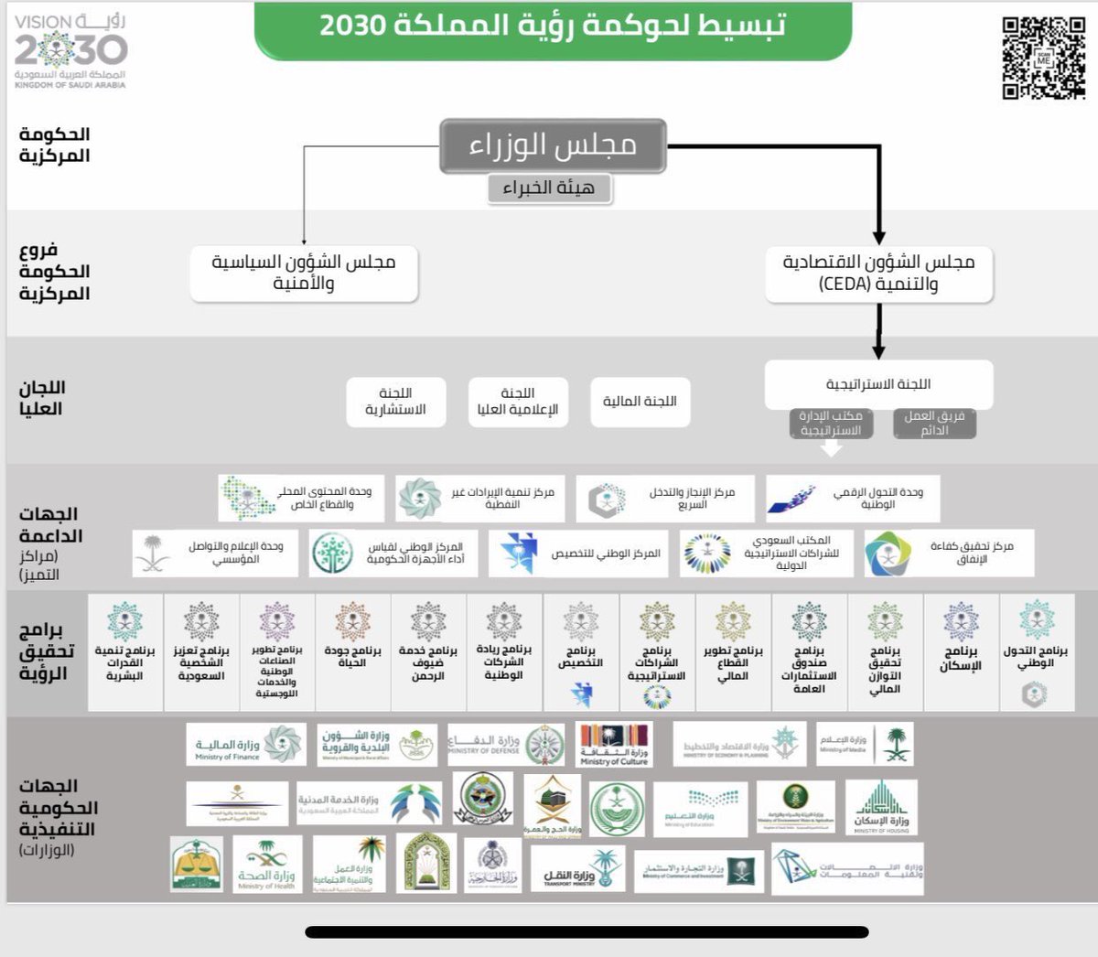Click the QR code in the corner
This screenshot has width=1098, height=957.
coord(1043,58)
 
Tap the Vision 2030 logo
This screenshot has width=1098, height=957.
coord(70,50)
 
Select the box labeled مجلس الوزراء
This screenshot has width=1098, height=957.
coord(553,145)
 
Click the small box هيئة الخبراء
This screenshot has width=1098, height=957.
coord(548,188)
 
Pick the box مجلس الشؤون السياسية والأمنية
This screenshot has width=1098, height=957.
coord(304,273)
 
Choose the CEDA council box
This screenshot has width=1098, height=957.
coord(878,273)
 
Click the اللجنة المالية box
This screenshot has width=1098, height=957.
coord(640,402)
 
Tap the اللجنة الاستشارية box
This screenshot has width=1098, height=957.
coord(395,402)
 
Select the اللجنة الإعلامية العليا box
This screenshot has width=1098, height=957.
coord(518,402)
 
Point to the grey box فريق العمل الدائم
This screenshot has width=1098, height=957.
coord(934,423)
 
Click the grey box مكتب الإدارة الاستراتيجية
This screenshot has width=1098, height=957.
coord(831,423)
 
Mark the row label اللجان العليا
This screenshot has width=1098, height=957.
coord(42,398)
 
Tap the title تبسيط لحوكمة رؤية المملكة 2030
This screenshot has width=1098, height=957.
coord(553,26)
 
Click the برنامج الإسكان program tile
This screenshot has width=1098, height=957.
coord(961,651)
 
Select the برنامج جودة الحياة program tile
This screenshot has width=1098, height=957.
coord(352,651)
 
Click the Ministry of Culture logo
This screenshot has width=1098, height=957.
coord(614,744)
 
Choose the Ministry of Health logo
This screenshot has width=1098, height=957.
coord(267,865)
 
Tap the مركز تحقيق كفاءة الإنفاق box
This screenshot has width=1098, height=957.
coord(949,553)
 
